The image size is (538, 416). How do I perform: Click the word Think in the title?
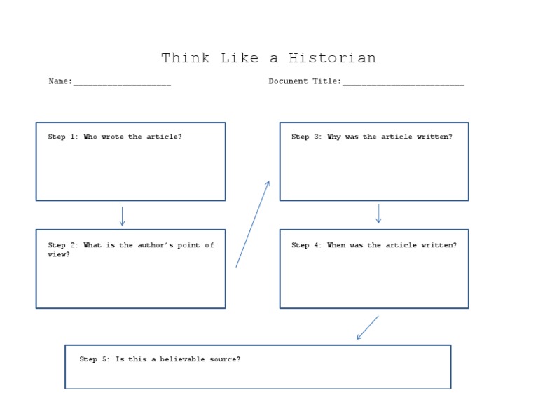point(185,58)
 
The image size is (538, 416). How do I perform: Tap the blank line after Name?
point(122,83)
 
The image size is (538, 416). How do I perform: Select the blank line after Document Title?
point(403,83)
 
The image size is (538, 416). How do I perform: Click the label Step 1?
point(63,137)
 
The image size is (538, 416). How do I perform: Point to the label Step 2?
point(63,245)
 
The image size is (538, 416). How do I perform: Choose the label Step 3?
point(307,137)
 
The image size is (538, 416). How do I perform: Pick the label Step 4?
point(307,245)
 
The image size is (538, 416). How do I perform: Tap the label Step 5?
point(95,359)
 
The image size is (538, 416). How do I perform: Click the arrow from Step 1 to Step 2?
point(122,216)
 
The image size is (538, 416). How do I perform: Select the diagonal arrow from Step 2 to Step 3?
point(252,224)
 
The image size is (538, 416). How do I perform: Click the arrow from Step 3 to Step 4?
point(378,214)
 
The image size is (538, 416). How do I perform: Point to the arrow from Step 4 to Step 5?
point(368,327)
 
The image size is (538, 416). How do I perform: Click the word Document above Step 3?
point(289,81)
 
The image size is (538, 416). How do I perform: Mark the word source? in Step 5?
point(225,359)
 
